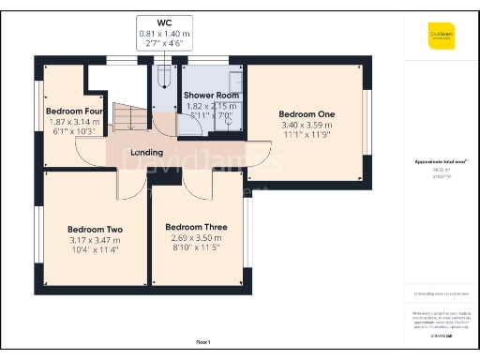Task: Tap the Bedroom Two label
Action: (x=95, y=229)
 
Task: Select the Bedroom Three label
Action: (x=196, y=227)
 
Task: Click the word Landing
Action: (x=148, y=153)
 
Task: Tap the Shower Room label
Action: (x=211, y=96)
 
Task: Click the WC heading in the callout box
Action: (x=165, y=22)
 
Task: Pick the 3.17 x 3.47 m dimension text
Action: (x=95, y=240)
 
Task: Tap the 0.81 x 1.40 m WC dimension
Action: (x=165, y=33)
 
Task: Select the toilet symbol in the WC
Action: (x=165, y=74)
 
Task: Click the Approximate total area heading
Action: (x=441, y=161)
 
